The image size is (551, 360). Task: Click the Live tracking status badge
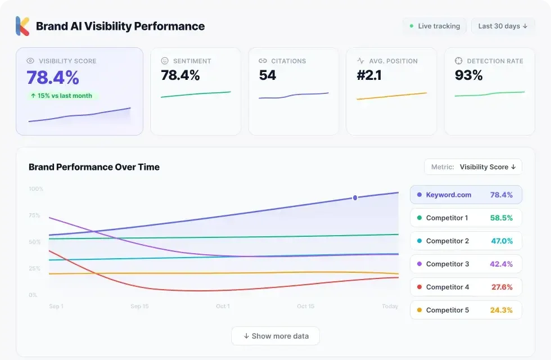[435, 26]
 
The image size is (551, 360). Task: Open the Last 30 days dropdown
[503, 26]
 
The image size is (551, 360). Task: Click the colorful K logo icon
[22, 26]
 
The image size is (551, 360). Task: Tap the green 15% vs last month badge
[61, 96]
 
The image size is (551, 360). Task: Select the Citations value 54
[268, 75]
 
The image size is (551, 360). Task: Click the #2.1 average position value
[369, 75]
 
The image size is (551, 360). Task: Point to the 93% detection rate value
[468, 75]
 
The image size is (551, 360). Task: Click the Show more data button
[275, 336]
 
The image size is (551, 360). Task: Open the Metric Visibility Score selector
[473, 167]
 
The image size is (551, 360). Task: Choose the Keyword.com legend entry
[466, 195]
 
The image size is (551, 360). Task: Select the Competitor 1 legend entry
[466, 218]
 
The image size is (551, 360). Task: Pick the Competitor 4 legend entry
[466, 287]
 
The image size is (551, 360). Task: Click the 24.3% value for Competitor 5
[502, 310]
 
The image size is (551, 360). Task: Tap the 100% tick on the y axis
[36, 189]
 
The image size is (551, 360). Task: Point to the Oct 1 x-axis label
[223, 307]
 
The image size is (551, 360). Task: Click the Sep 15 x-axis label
[139, 307]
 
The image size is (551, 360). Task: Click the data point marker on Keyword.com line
[355, 198]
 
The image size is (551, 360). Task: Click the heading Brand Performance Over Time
[94, 167]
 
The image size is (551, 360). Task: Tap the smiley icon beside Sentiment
[165, 61]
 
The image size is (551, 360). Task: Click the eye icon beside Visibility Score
[31, 61]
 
